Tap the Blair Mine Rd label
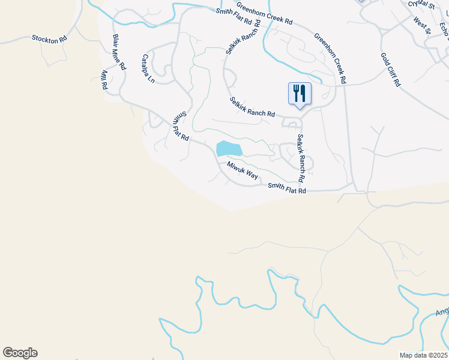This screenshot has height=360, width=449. [119, 52]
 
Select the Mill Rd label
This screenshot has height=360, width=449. [104, 80]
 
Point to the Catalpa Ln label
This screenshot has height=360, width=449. [147, 68]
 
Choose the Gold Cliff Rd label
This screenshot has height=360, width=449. [390, 70]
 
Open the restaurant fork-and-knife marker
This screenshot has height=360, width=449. [300, 94]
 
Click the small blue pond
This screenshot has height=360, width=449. [229, 149]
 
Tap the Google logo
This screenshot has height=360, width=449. [20, 353]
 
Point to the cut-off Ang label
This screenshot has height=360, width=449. [442, 311]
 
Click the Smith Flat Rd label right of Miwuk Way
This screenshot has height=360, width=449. [287, 189]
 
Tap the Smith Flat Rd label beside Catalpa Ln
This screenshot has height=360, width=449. [181, 127]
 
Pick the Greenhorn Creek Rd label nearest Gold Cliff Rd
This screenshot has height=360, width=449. [330, 58]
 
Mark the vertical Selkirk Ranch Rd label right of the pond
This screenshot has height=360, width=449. [301, 158]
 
